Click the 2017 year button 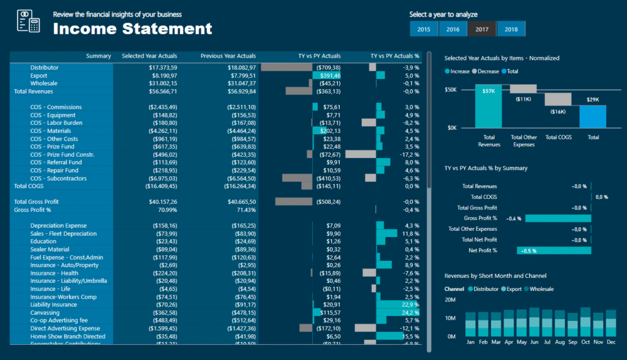pos(481,29)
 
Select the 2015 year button pos(424,29)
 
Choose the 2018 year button pos(511,29)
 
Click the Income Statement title pos(132,28)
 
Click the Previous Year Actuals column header pos(228,56)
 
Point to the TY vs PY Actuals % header pos(395,56)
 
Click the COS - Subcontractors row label pos(59,178)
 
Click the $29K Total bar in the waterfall pos(593,116)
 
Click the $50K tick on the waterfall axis pos(451,89)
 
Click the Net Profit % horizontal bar pos(554,250)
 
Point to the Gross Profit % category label pos(480,218)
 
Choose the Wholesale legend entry pos(541,288)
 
